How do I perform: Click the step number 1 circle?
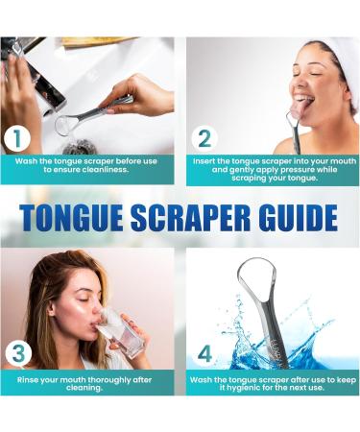[x=17, y=138]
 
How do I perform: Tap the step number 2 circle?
[x=204, y=138]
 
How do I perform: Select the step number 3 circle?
[x=18, y=354]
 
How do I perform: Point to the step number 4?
[x=204, y=354]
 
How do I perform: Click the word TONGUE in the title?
[x=71, y=217]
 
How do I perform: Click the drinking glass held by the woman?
[x=124, y=332]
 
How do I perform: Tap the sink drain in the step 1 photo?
[x=80, y=148]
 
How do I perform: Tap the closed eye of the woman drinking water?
[x=85, y=300]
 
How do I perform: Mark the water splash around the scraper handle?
[x=276, y=336]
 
